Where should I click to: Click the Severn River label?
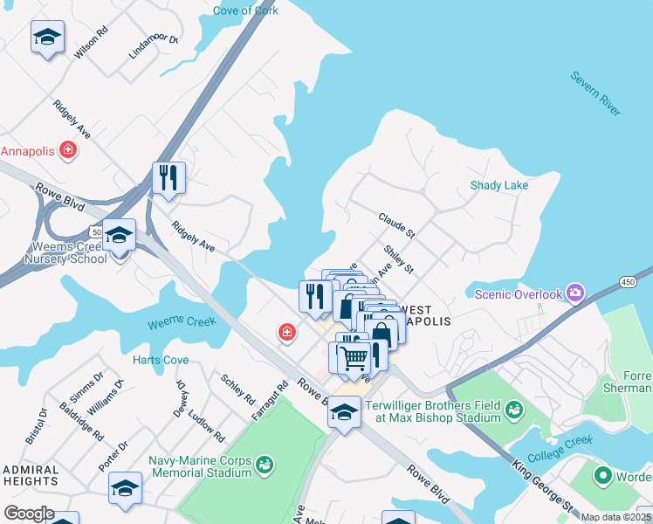595,94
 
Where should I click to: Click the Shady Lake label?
499,185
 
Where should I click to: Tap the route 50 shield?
94,230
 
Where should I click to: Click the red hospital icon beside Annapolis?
68,150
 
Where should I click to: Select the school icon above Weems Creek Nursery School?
119,235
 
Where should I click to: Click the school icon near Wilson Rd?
47,38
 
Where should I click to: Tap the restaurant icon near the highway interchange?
168,177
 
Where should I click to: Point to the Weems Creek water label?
182,322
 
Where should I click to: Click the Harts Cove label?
160,360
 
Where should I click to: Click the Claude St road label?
395,225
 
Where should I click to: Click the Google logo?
29,513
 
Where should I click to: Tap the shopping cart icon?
354,357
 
